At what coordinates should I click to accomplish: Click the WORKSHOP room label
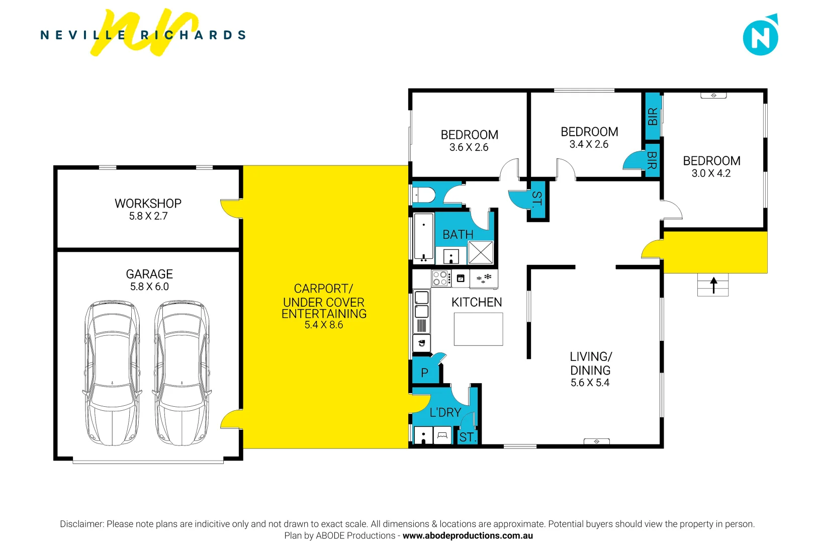(148, 204)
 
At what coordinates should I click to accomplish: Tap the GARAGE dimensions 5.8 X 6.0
(149, 287)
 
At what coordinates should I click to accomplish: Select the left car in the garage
(112, 373)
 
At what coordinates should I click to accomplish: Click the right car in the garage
(182, 373)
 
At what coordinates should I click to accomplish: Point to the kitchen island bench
(478, 329)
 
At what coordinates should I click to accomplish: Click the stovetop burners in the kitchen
(440, 278)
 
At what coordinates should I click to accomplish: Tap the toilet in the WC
(424, 195)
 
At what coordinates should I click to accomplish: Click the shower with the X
(481, 252)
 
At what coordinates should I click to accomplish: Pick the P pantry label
(424, 373)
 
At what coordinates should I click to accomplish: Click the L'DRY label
(445, 413)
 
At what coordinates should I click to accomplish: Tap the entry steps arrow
(713, 285)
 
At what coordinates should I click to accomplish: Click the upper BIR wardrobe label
(652, 117)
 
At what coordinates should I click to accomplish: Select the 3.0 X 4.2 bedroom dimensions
(711, 173)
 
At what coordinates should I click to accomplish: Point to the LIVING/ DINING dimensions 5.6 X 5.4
(590, 383)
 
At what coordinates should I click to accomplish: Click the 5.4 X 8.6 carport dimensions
(324, 325)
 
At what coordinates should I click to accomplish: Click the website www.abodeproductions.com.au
(468, 535)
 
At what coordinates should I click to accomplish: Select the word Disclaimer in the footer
(81, 524)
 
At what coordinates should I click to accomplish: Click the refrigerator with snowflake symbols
(484, 278)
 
